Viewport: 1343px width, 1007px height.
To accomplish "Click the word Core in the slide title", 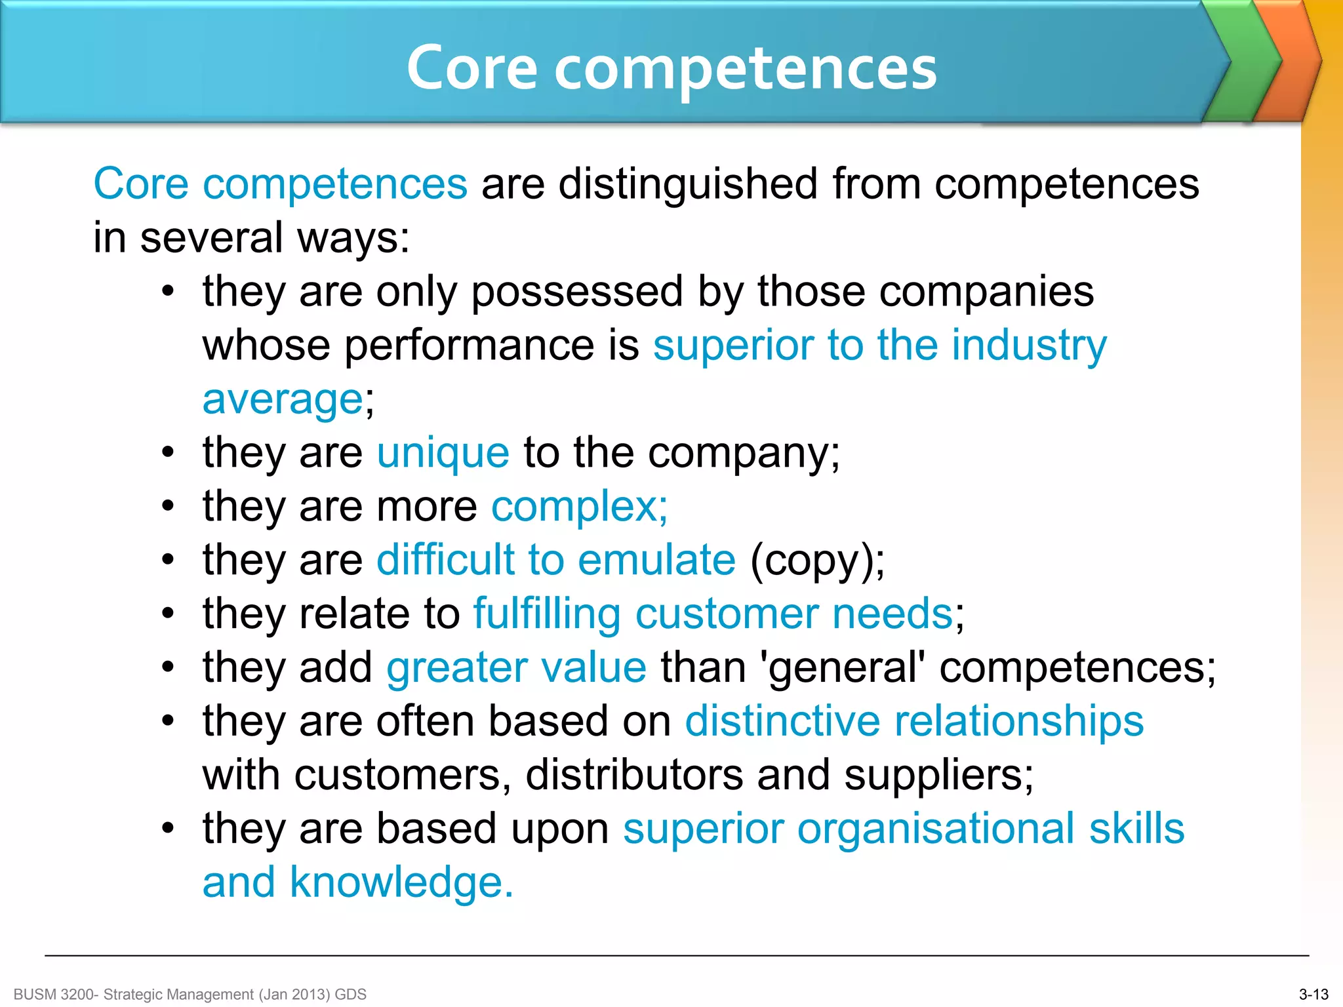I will pyautogui.click(x=472, y=68).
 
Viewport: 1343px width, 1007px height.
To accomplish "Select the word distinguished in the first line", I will pyautogui.click(x=688, y=184).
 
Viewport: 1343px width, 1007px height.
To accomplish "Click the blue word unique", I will pyautogui.click(x=443, y=453).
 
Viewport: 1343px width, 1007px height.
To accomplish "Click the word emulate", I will pyautogui.click(x=656, y=561).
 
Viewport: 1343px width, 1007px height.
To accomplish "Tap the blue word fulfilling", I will pyautogui.click(x=547, y=614).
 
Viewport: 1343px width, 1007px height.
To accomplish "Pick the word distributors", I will pyautogui.click(x=634, y=776).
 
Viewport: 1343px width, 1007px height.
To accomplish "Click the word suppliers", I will pyautogui.click(x=934, y=776).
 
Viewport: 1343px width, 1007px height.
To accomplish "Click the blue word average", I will pyautogui.click(x=282, y=399).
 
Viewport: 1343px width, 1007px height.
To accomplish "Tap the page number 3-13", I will pyautogui.click(x=1313, y=995).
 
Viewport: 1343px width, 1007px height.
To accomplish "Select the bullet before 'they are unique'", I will pyautogui.click(x=169, y=453).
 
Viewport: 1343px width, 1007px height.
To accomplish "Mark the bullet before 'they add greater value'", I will pyautogui.click(x=169, y=668).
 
